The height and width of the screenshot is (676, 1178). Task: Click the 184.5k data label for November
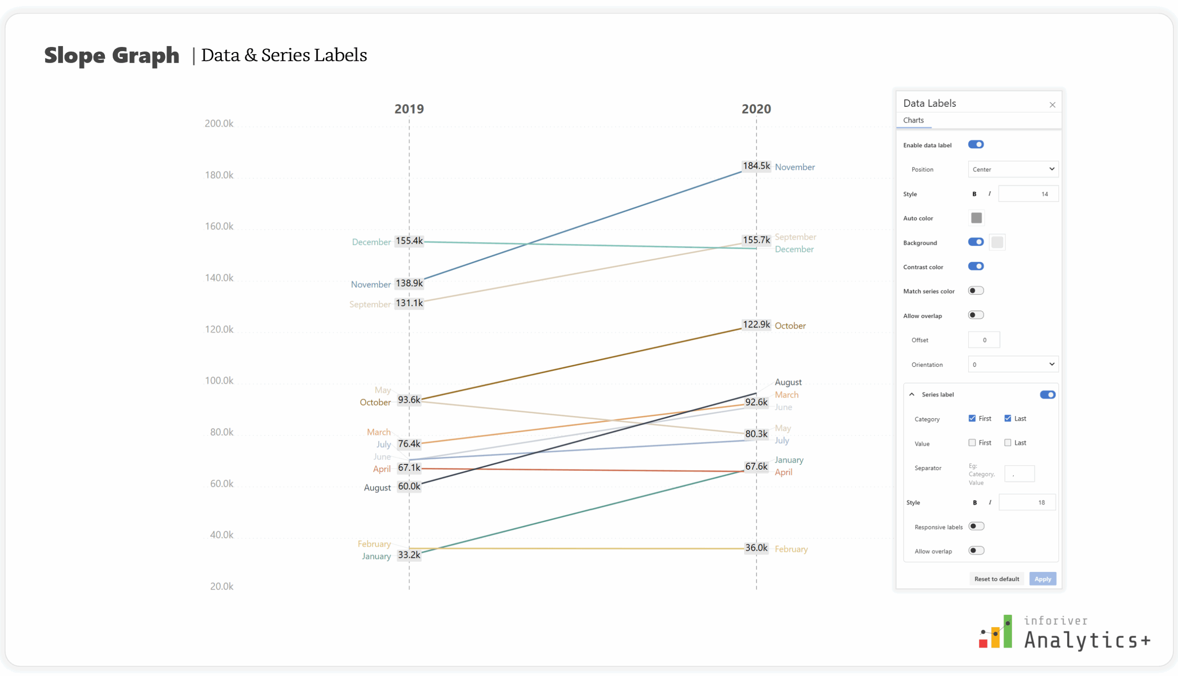click(x=756, y=166)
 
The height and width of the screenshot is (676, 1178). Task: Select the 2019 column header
click(x=409, y=109)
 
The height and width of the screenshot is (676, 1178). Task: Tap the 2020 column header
click(x=756, y=109)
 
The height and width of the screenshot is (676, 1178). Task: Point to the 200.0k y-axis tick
click(x=219, y=123)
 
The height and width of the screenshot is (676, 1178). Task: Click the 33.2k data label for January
click(x=409, y=555)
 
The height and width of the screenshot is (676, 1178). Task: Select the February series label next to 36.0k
click(x=791, y=549)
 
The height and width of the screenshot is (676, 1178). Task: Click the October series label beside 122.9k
click(x=790, y=326)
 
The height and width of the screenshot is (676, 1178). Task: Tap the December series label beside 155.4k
click(x=371, y=242)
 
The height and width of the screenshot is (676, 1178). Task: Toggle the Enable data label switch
click(x=976, y=144)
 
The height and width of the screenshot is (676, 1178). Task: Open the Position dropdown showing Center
click(x=1013, y=169)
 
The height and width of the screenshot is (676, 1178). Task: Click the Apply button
click(x=1042, y=579)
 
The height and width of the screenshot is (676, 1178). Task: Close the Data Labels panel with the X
click(x=1052, y=105)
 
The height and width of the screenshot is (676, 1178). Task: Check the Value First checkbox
click(x=972, y=443)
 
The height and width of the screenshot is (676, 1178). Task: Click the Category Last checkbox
click(x=1008, y=418)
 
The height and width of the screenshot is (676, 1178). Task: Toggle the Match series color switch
click(x=976, y=291)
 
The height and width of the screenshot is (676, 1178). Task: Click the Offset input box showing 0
click(x=983, y=340)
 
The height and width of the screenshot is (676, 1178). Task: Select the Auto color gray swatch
click(x=976, y=218)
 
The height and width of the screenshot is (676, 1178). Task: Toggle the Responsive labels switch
click(x=976, y=526)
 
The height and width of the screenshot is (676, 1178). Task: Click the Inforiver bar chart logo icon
click(x=996, y=632)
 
